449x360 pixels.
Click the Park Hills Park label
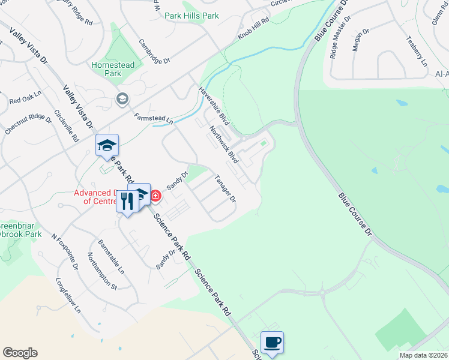click(192, 16)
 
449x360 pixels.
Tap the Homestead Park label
click(115, 69)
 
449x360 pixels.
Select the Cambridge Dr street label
click(155, 52)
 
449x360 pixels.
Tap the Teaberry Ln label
click(416, 51)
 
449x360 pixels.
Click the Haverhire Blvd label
click(214, 102)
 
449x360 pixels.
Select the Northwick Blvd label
click(224, 145)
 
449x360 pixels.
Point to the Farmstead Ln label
click(153, 119)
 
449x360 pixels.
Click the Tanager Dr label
click(225, 188)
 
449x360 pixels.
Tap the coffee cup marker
click(272, 343)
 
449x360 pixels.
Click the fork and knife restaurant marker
click(127, 201)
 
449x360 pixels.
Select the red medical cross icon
click(155, 195)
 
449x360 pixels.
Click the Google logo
click(20, 353)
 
